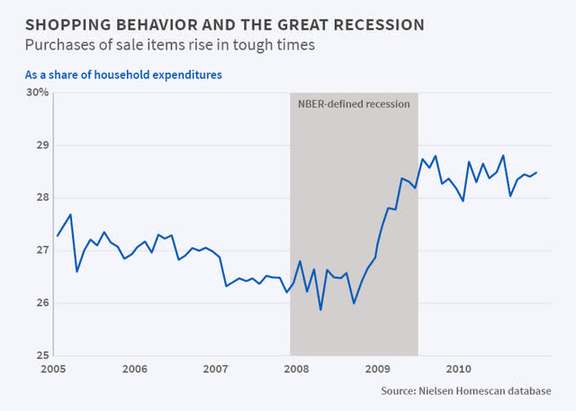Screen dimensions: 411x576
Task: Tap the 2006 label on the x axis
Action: click(x=135, y=369)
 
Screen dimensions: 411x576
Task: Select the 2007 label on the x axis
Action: click(x=215, y=369)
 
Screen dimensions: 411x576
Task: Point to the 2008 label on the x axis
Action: click(x=296, y=369)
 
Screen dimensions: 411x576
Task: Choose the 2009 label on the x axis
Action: click(x=377, y=369)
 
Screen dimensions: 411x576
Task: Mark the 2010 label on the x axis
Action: click(x=458, y=369)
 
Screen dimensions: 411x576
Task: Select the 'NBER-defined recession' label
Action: click(x=354, y=104)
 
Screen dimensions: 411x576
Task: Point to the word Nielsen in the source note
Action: click(x=448, y=391)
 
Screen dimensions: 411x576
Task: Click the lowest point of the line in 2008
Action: click(x=320, y=309)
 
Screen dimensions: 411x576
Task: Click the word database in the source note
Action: click(x=526, y=391)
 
